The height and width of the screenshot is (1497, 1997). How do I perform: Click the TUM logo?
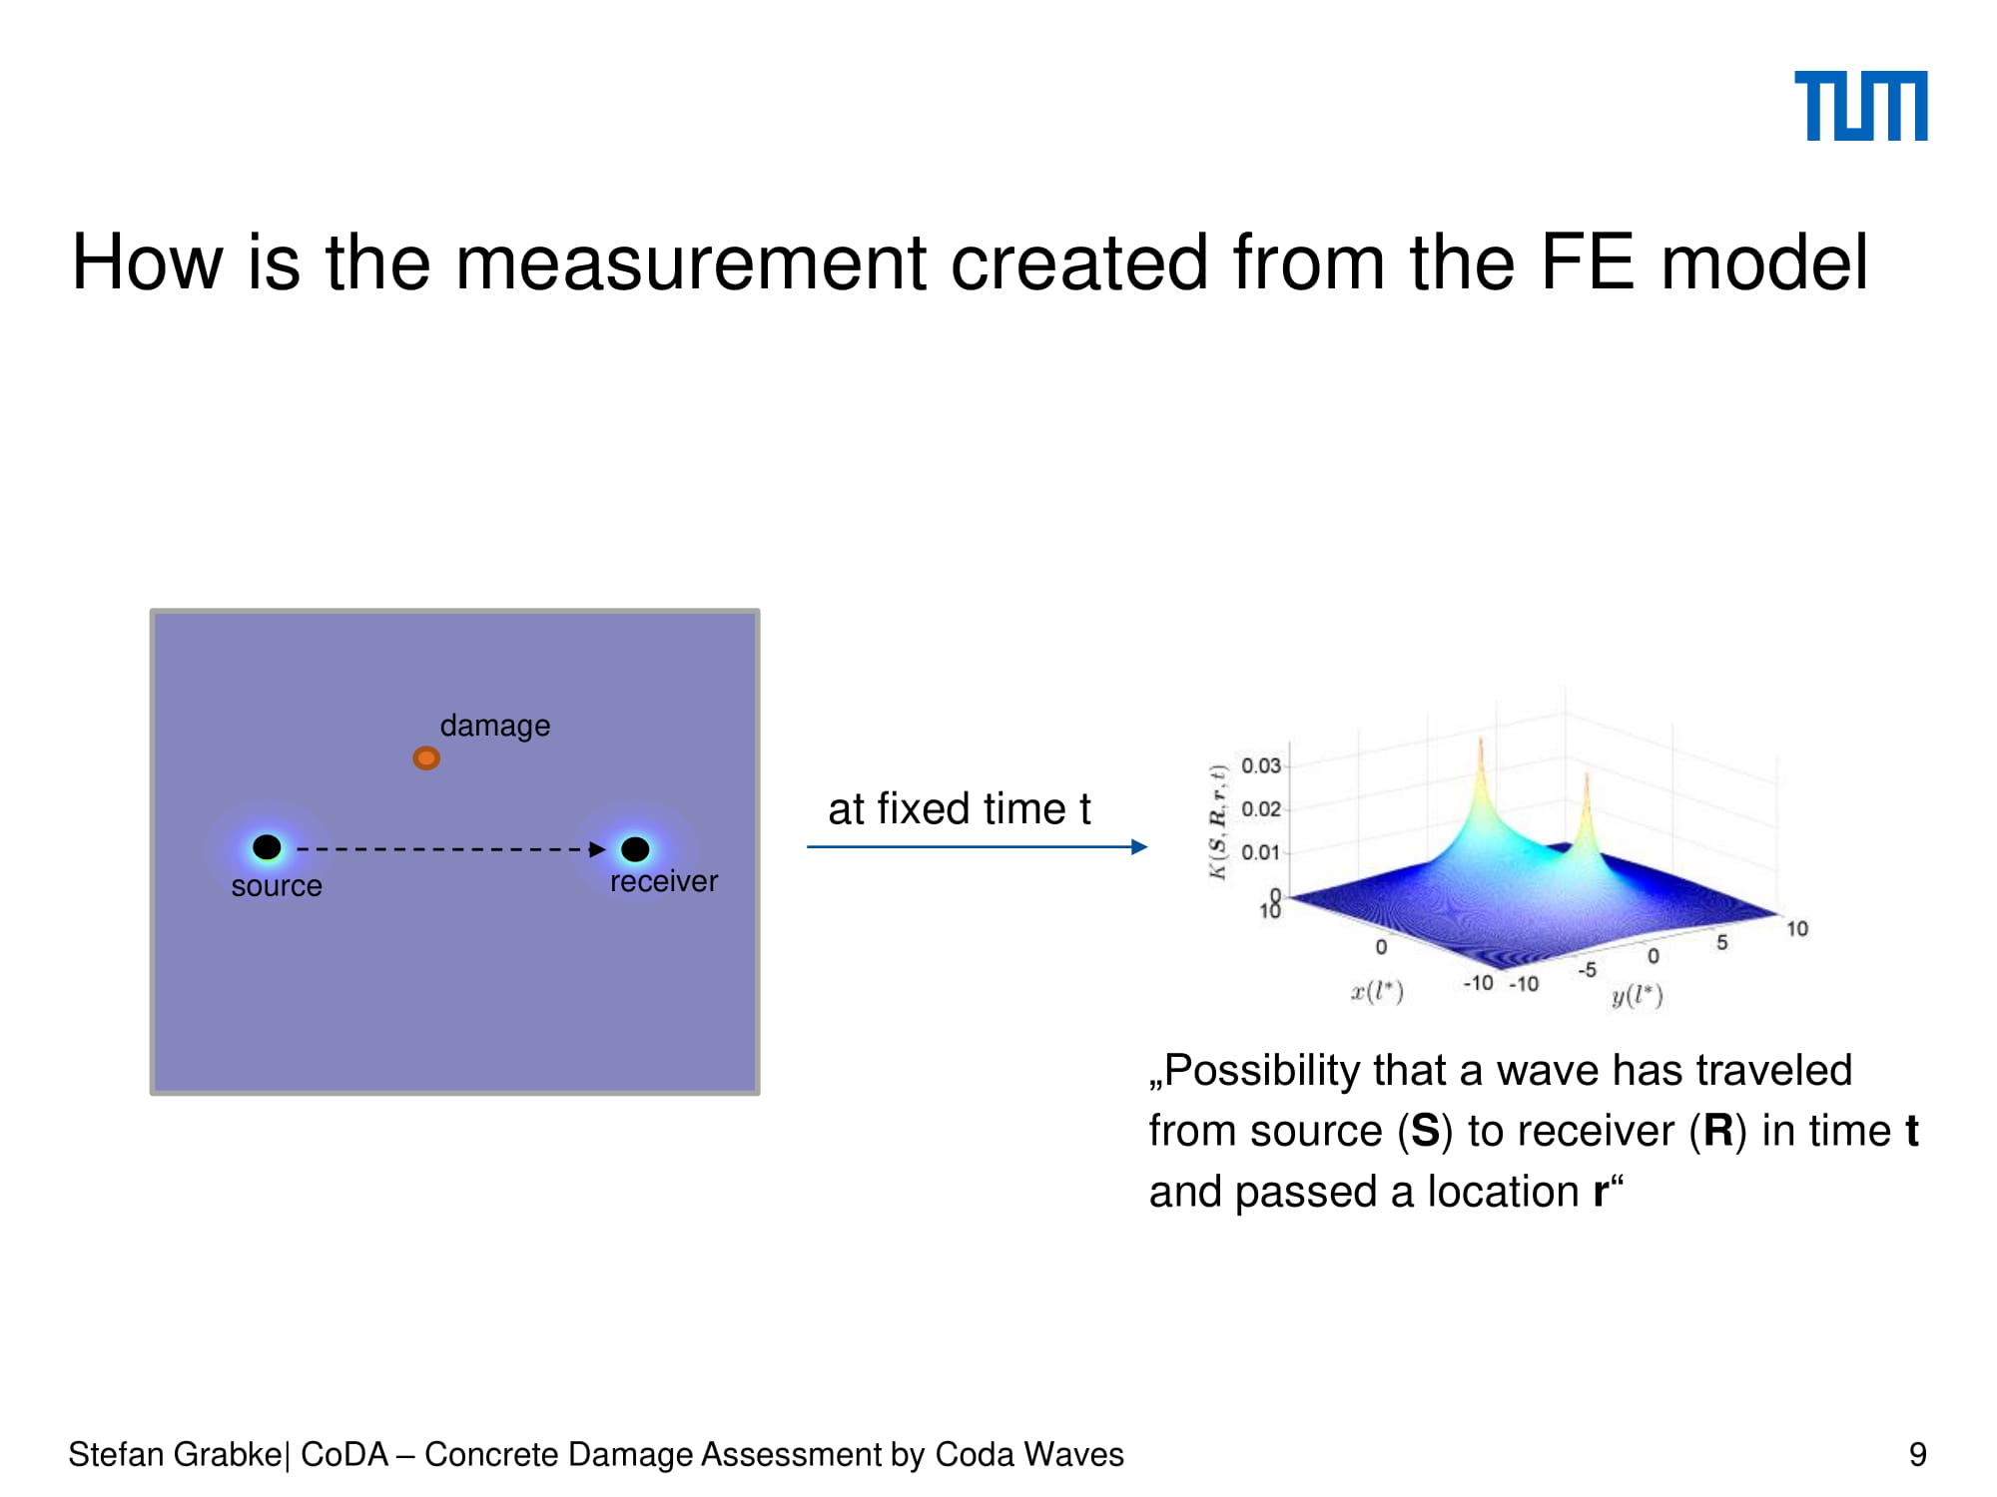[x=1860, y=106]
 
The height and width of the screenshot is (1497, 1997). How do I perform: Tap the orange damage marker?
[x=426, y=758]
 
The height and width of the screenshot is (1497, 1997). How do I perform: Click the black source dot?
[x=267, y=847]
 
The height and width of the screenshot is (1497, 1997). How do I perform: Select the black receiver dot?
[x=635, y=849]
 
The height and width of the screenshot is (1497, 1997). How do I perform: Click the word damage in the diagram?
[x=494, y=726]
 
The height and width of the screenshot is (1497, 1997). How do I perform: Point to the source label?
[x=277, y=886]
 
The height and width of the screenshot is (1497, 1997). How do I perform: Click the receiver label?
[x=664, y=881]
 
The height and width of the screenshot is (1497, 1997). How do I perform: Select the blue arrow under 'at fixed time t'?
[x=978, y=847]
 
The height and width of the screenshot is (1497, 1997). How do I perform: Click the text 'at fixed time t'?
[x=959, y=808]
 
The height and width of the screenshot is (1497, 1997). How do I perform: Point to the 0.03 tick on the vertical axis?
[x=1261, y=765]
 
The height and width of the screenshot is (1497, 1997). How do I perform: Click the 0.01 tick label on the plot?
[x=1261, y=852]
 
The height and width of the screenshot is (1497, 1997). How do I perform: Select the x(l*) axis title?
[x=1377, y=992]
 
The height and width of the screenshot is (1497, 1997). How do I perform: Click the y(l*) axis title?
[x=1638, y=996]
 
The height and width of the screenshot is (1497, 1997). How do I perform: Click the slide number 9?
[x=1917, y=1455]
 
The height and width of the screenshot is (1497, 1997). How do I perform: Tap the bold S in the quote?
[x=1425, y=1131]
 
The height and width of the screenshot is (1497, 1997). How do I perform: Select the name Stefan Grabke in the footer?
[x=175, y=1455]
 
